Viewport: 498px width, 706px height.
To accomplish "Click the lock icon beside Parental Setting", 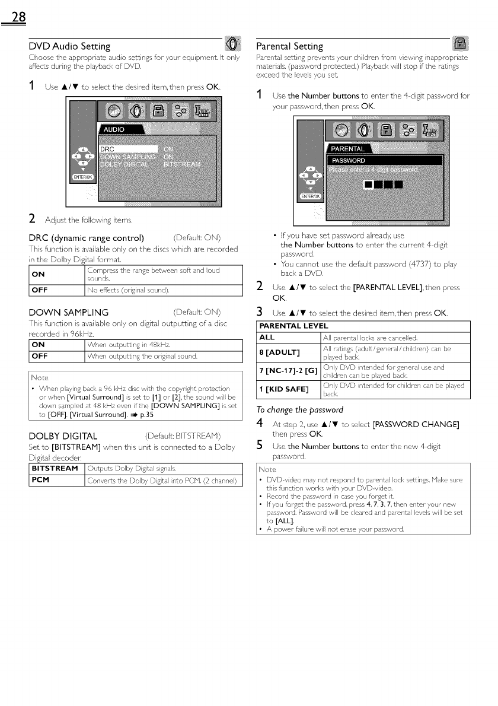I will (460, 44).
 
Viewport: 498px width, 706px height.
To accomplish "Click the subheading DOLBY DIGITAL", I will (63, 437).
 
